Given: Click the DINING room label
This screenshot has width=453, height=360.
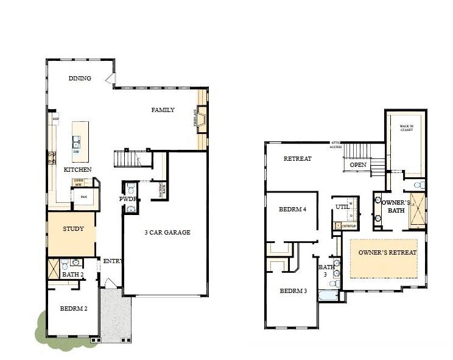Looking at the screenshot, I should click(80, 78).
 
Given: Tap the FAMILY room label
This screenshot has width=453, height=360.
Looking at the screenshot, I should click(163, 110).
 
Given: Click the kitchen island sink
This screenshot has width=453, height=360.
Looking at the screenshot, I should click(77, 143).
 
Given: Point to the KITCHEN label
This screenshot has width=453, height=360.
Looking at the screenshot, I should click(78, 169).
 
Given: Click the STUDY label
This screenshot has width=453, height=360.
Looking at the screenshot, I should click(73, 229).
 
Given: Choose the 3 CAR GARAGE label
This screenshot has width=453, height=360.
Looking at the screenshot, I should click(168, 232).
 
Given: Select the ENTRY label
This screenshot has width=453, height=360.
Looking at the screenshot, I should click(113, 261).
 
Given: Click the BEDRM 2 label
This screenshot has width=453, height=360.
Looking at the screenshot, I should click(74, 309).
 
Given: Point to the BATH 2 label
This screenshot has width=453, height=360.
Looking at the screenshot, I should click(72, 275).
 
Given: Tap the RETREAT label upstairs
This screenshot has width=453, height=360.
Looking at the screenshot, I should click(297, 159).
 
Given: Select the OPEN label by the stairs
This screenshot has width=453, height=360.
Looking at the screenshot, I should click(357, 164).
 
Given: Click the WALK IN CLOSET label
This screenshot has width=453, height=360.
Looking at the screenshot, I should click(407, 129).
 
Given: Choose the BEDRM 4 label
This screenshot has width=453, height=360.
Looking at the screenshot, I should click(292, 209).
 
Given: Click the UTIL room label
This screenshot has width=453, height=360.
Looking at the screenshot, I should click(342, 207).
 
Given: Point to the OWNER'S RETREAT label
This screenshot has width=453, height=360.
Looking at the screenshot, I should click(387, 252).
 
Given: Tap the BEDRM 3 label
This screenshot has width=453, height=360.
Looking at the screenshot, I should click(293, 291).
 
